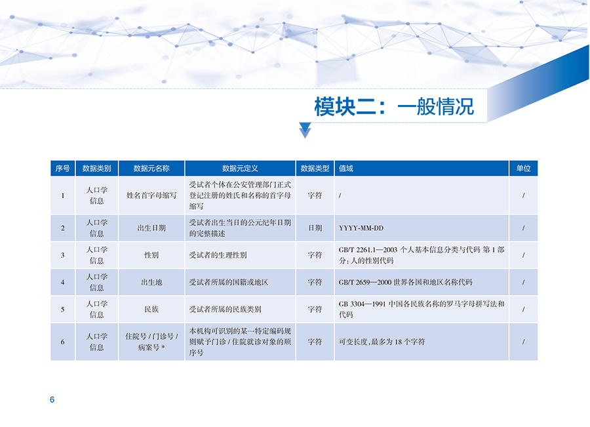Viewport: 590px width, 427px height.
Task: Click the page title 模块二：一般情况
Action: tap(394, 106)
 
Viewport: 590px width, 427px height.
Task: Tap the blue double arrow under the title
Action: tap(305, 131)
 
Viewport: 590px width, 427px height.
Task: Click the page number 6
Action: tap(52, 399)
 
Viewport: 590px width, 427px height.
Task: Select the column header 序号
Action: tap(62, 169)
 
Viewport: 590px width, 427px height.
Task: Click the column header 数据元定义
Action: tap(240, 169)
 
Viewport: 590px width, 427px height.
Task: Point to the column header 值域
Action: tap(345, 169)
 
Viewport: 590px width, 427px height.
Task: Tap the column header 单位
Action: tap(523, 169)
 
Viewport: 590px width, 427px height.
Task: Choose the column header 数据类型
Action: tap(315, 169)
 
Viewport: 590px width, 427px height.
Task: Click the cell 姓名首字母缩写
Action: tap(151, 195)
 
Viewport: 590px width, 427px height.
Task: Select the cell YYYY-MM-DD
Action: tap(361, 228)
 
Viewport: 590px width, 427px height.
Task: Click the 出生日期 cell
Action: tap(151, 228)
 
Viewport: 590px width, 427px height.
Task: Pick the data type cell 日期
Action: tap(315, 228)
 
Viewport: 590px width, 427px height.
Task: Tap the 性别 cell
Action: tap(151, 255)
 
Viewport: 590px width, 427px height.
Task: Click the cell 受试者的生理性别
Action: tap(218, 255)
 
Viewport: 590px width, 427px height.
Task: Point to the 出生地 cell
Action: tap(151, 283)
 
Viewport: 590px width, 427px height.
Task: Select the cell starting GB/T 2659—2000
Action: tap(405, 283)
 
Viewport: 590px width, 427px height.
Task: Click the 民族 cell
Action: tap(151, 310)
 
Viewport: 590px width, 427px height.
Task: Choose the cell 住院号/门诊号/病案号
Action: tap(151, 342)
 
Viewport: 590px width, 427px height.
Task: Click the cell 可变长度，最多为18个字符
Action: tap(382, 342)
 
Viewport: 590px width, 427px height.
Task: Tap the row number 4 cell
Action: tap(62, 283)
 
